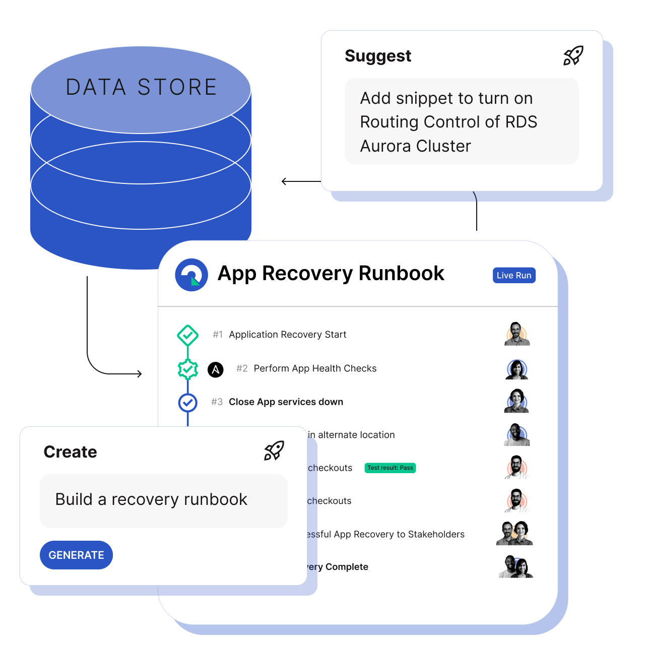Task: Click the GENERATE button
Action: [76, 555]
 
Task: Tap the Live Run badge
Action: [514, 275]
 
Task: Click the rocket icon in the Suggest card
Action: [573, 56]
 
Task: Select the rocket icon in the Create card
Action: [274, 450]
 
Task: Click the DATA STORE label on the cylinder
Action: [141, 87]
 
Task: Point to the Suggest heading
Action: [378, 56]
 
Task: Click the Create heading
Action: [70, 452]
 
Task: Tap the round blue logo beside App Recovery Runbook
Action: [191, 275]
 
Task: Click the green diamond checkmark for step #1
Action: [187, 335]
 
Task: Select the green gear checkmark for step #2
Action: [187, 369]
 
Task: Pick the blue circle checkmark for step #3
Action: [187, 402]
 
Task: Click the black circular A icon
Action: [216, 369]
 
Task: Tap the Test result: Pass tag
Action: [390, 468]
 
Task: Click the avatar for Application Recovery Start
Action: [517, 334]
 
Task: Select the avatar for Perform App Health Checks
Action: [517, 369]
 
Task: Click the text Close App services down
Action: [286, 402]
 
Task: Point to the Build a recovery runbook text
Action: [151, 499]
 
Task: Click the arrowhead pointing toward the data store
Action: [284, 181]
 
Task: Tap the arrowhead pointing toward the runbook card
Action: [139, 373]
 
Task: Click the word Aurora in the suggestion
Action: [385, 146]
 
